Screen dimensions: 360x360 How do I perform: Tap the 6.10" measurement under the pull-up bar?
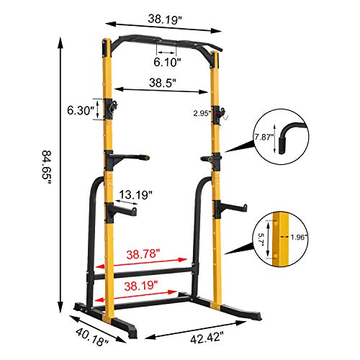click(166, 62)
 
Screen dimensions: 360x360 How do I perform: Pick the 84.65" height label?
click(46, 167)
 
